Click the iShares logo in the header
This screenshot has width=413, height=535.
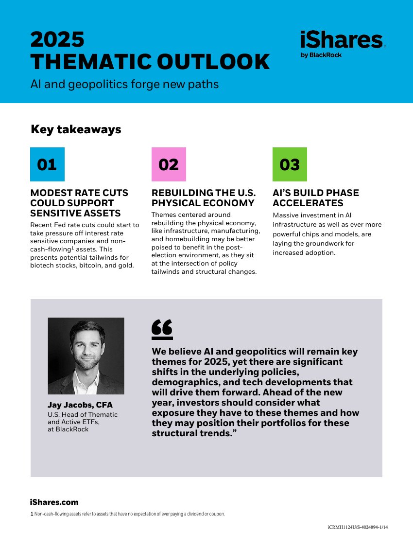[x=341, y=40]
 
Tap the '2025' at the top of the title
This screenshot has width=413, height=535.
[x=57, y=39]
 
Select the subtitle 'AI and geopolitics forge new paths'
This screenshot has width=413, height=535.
[x=124, y=84]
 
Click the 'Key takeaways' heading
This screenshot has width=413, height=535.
[x=76, y=129]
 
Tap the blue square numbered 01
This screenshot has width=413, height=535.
[x=47, y=164]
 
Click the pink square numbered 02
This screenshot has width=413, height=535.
[x=169, y=164]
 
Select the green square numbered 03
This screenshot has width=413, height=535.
[x=290, y=164]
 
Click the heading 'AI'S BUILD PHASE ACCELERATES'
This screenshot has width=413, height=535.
[x=315, y=198]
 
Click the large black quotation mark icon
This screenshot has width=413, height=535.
[x=162, y=329]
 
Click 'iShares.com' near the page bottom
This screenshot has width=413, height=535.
[x=54, y=502]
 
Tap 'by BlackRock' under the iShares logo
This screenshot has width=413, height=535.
[x=321, y=55]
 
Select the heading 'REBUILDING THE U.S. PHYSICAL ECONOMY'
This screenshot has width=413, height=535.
[x=203, y=198]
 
